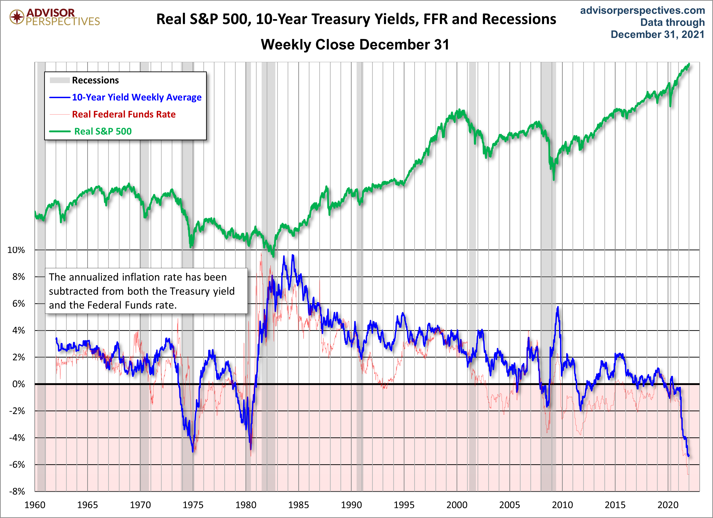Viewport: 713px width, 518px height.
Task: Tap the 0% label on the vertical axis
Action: pos(18,384)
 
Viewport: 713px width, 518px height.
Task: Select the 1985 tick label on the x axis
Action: pos(298,505)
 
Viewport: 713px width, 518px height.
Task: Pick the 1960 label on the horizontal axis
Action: pos(35,505)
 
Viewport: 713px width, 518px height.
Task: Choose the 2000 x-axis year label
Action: pos(457,505)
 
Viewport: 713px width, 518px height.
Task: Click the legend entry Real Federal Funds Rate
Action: pos(124,114)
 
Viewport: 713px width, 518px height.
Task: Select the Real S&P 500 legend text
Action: pos(103,131)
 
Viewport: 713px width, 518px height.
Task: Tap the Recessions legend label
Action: pos(95,80)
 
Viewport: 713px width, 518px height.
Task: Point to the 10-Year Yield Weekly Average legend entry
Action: pos(137,97)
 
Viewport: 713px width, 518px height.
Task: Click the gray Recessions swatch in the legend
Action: pos(60,80)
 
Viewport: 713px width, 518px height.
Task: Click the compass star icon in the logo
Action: pos(17,17)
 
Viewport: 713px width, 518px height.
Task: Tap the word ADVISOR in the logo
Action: pos(51,13)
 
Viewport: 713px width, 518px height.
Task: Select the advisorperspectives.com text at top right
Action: pos(642,10)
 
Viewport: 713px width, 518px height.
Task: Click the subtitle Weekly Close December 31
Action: pos(355,45)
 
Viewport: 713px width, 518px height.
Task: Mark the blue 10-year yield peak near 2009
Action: pos(558,307)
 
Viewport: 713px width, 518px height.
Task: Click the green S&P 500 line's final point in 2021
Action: pos(689,64)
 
